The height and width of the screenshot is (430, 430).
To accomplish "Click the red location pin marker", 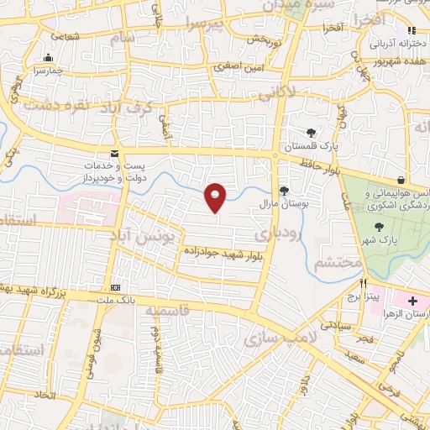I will click(216, 197).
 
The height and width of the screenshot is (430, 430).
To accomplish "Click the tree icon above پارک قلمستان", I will click(311, 134).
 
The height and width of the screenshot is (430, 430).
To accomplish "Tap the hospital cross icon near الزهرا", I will click(412, 300).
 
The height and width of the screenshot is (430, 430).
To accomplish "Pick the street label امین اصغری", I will click(234, 66).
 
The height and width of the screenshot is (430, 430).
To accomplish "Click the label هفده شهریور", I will click(400, 62).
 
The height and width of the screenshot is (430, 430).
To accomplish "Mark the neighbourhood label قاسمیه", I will click(167, 311).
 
